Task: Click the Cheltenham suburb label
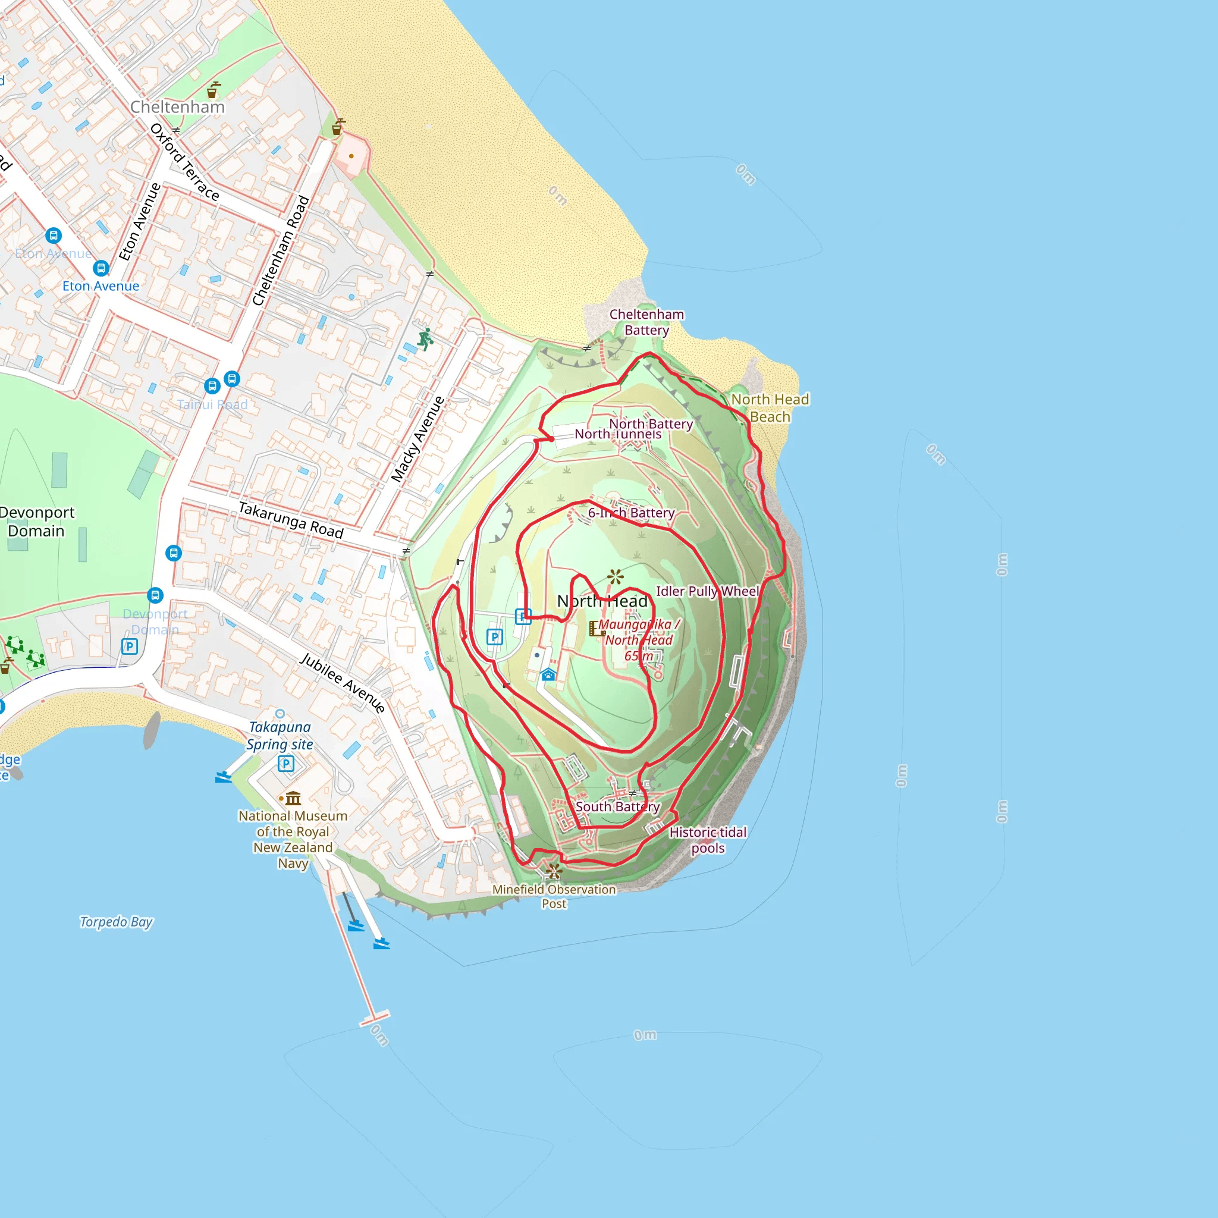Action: click(x=177, y=107)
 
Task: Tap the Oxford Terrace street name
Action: click(x=185, y=162)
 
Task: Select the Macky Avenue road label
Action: click(x=417, y=440)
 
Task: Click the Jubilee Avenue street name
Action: click(x=343, y=683)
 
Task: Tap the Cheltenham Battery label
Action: click(x=646, y=322)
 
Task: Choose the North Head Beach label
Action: click(x=770, y=408)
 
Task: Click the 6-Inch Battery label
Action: click(x=631, y=513)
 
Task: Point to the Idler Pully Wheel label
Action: click(x=707, y=591)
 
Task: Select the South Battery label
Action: click(x=617, y=806)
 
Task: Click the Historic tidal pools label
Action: click(x=707, y=840)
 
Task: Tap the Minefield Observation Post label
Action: click(x=554, y=896)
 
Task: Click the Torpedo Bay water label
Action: click(x=116, y=922)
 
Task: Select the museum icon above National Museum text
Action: click(x=293, y=799)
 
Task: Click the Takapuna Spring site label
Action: click(x=280, y=736)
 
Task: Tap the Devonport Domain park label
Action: click(x=36, y=522)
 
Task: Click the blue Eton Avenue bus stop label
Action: click(x=101, y=286)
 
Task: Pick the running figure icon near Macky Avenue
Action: click(x=426, y=338)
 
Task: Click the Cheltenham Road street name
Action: click(x=281, y=251)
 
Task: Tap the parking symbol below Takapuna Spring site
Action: click(x=286, y=764)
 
